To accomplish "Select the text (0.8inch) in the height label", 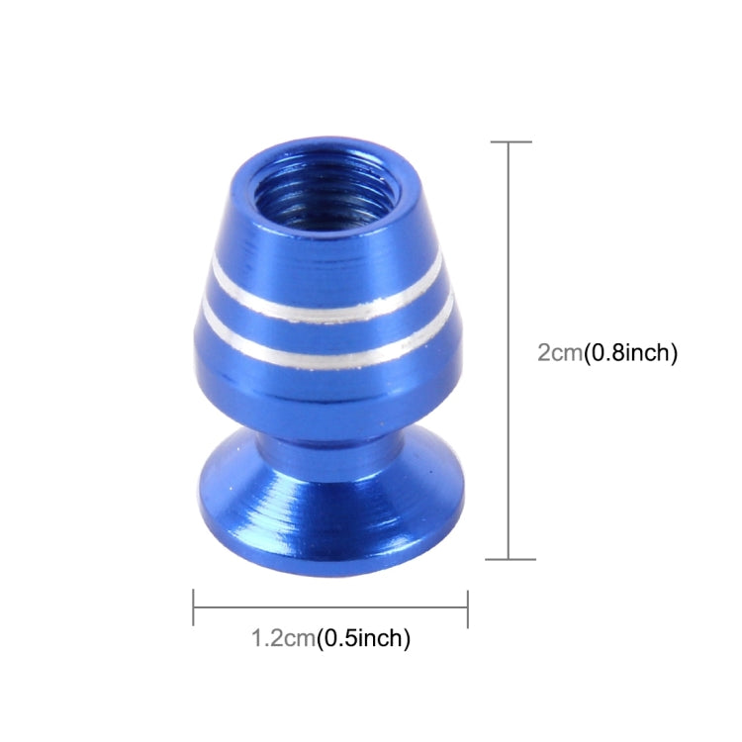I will click(x=628, y=354).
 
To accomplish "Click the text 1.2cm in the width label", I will click(x=281, y=638).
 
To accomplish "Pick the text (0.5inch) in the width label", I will click(x=362, y=638).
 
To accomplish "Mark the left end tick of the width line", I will click(x=194, y=607).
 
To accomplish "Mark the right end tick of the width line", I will click(x=467, y=607).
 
